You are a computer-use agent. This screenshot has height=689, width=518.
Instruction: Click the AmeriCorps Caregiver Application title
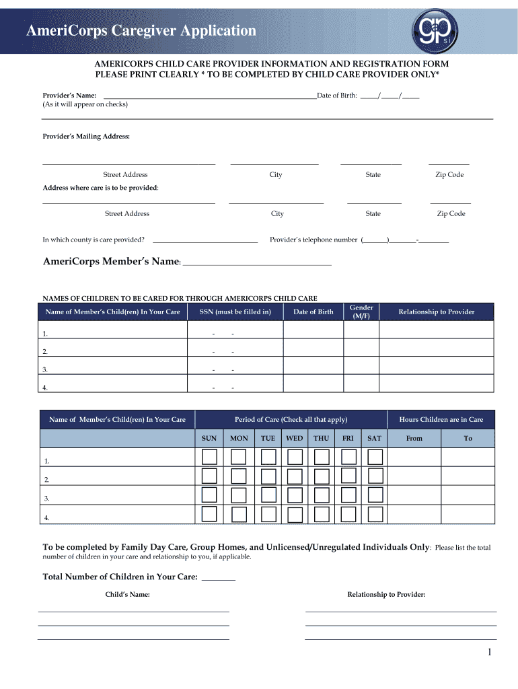coord(141,31)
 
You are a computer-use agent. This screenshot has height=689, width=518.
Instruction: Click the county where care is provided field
coord(205,240)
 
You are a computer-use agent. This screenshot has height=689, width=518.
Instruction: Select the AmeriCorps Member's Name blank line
coord(256,262)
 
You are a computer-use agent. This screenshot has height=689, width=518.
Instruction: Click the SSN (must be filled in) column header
coord(235,312)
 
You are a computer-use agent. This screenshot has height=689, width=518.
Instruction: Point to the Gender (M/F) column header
coord(361,312)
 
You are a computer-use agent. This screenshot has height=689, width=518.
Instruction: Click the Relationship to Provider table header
coord(436,312)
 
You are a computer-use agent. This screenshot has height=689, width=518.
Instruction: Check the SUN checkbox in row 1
coord(209,458)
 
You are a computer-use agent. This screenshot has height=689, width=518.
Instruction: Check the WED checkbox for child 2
coord(294,476)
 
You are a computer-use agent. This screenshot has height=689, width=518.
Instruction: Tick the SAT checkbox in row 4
coord(375,515)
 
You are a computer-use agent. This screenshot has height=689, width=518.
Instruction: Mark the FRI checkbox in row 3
coord(348,495)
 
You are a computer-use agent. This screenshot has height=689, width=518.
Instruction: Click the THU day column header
coord(321,438)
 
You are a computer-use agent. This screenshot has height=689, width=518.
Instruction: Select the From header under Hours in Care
coord(414,438)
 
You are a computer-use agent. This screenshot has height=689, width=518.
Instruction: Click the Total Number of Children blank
coord(219,577)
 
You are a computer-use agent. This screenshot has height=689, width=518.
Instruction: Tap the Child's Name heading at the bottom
coord(127,595)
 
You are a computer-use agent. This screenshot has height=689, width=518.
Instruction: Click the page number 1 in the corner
coord(490,653)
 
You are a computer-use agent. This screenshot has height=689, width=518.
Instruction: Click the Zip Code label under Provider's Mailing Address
coord(449,175)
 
